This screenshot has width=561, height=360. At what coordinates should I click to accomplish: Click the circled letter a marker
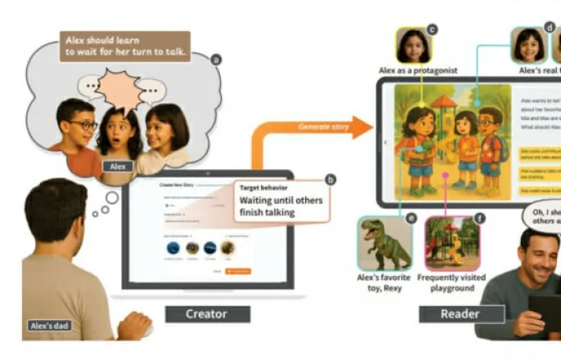[216, 59]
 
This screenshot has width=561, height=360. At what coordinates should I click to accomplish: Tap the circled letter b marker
[330, 179]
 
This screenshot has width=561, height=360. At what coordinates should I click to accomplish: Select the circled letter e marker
[411, 218]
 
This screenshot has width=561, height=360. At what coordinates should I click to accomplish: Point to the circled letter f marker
[478, 218]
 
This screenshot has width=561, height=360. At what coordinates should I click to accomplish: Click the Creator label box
[206, 313]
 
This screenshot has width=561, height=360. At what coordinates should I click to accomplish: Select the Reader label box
[450, 313]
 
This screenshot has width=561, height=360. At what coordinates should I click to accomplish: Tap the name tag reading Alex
[118, 166]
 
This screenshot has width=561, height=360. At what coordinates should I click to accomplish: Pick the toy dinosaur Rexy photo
[384, 243]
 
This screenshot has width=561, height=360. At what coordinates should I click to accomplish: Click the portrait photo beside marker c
[414, 46]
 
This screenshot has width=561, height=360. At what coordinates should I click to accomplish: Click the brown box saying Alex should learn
[124, 46]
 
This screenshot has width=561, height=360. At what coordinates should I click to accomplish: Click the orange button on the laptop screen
[238, 271]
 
